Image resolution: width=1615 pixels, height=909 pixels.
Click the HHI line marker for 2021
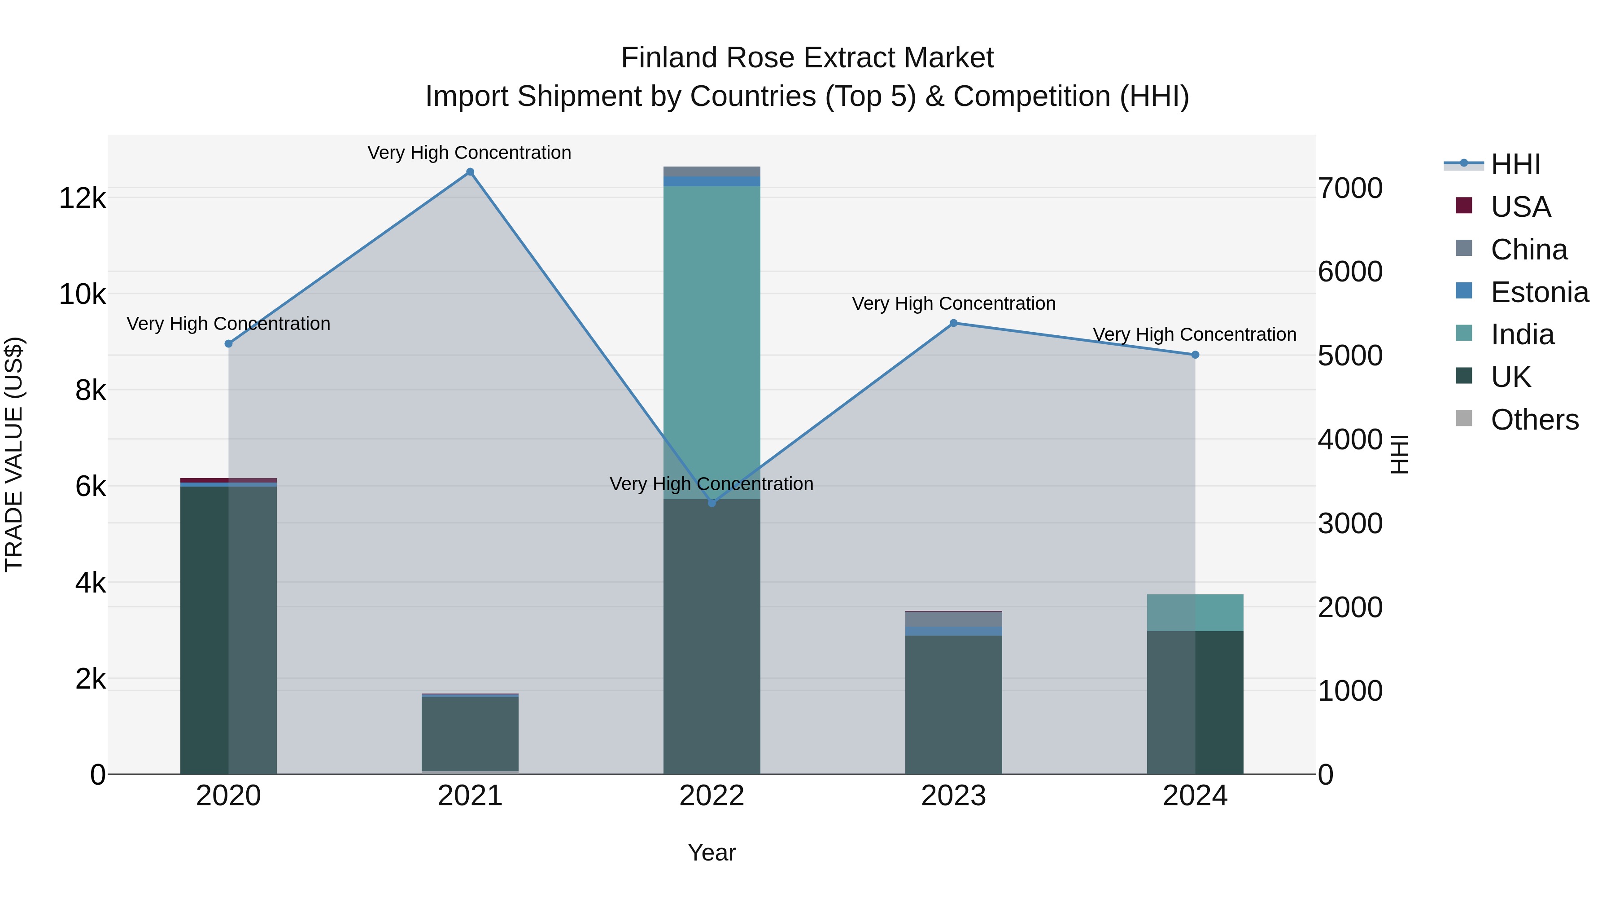click(x=470, y=172)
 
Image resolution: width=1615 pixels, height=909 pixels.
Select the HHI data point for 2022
click(x=711, y=502)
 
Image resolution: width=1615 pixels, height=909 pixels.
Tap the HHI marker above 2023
click(x=954, y=323)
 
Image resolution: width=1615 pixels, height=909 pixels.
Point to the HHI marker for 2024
click(x=1195, y=355)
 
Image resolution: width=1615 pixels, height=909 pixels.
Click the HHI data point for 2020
click(x=228, y=344)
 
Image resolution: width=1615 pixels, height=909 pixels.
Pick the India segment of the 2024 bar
click(x=1195, y=612)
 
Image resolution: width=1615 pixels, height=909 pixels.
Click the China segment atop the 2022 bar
click(x=711, y=171)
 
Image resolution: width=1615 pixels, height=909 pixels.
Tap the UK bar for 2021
click(x=470, y=734)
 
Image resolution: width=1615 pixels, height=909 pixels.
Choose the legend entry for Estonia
click(x=1539, y=292)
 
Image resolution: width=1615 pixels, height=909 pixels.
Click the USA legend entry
click(x=1520, y=207)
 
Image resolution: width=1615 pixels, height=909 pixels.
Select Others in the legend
click(x=1534, y=420)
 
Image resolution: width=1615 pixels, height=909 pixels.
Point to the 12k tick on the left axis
click(x=82, y=198)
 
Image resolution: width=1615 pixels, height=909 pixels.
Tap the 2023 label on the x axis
click(x=954, y=796)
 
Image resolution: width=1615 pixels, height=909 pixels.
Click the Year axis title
click(x=711, y=852)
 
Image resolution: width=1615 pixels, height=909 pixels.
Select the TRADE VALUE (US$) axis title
click(x=14, y=454)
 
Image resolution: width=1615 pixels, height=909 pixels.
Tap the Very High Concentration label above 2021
click(x=470, y=153)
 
